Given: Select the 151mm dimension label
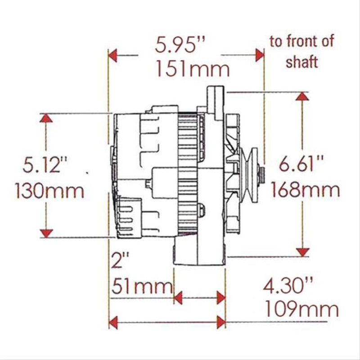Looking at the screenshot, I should [193, 70].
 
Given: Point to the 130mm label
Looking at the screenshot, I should [49, 191].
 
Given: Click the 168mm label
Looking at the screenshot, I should [305, 190].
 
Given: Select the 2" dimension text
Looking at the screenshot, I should [120, 261].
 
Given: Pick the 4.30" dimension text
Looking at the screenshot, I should [288, 285].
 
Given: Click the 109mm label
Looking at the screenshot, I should [301, 309].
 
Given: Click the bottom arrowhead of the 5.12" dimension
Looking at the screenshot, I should [45, 232].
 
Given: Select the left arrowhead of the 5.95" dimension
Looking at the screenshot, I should [113, 56].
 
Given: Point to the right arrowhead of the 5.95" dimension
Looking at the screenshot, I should [259, 56].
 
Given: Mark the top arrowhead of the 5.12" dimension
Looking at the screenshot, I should [45, 118].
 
